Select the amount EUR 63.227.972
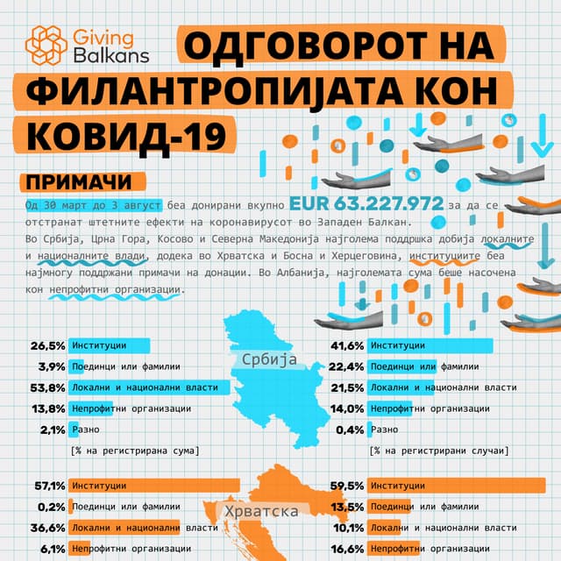[366, 203]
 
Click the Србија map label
[267, 360]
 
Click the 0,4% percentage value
[350, 429]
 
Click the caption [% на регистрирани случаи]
[438, 451]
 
